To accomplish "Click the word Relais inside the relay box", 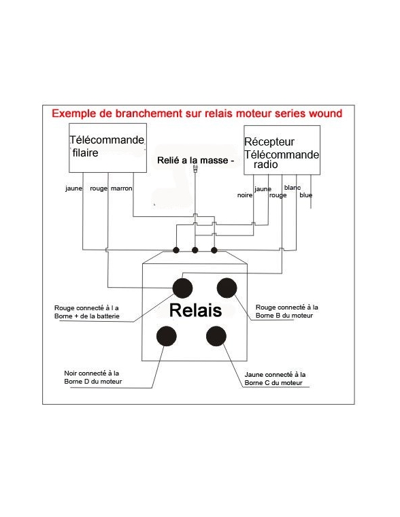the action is point(195,310).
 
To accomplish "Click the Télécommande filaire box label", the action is point(107,146).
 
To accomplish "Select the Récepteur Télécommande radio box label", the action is point(282,153).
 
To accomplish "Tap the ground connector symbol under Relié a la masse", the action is point(195,169).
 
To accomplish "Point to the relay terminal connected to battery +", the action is point(183,288).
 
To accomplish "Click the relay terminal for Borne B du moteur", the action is point(227,288).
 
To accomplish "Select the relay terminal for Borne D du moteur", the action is point(167,336).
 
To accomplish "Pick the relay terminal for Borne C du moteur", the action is point(216,336).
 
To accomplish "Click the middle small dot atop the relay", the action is point(195,250).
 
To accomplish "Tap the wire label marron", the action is point(121,188).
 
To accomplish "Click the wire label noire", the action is point(245,195).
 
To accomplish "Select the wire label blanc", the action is point(293,188).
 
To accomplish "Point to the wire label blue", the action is point(305,195).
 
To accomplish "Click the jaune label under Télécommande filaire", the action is point(74,188).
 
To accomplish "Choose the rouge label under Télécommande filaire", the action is point(99,188).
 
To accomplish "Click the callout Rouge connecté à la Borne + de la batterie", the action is point(86,312).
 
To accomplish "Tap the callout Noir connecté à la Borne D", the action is point(93,377).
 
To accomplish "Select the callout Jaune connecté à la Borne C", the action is point(275,378).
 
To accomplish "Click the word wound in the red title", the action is point(325,114).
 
